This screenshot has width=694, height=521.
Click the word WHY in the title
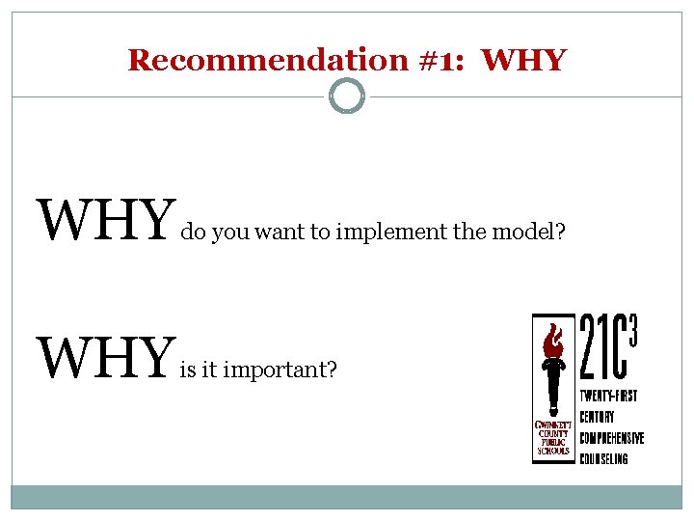523,60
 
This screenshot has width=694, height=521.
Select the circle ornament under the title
347,96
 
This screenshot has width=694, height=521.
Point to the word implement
381,232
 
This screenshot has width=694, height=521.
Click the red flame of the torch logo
553,343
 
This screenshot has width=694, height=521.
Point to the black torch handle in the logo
553,396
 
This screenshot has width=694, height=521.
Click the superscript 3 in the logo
634,327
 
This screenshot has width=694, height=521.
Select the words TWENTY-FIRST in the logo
608,397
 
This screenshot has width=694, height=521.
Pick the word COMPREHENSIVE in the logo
612,438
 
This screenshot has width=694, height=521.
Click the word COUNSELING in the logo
604,458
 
